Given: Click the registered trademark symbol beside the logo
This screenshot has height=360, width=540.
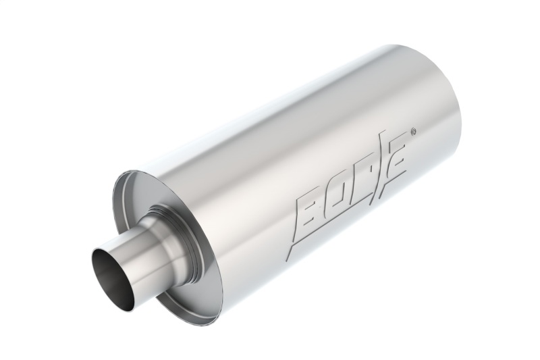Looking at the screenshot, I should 414,130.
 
